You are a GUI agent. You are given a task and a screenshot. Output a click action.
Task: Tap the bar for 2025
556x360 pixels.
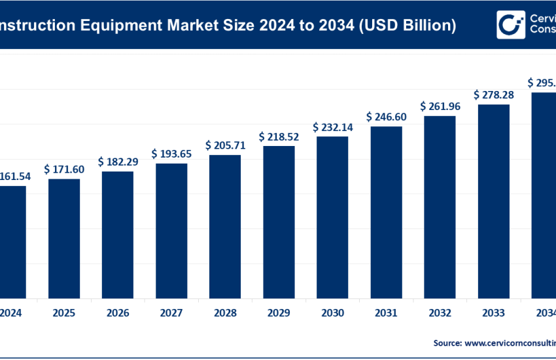(64, 237)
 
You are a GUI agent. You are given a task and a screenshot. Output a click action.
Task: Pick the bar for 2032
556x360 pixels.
(440, 206)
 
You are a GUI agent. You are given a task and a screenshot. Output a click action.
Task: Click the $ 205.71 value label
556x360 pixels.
(225, 145)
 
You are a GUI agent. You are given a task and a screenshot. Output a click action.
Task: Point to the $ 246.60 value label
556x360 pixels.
(386, 117)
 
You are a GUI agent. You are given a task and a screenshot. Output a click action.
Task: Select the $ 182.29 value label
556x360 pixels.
(118, 161)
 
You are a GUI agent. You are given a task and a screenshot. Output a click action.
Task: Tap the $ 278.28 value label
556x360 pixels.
(493, 95)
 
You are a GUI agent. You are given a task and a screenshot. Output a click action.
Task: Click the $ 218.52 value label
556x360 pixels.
(279, 136)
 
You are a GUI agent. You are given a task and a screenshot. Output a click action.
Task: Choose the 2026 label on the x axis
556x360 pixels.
(118, 314)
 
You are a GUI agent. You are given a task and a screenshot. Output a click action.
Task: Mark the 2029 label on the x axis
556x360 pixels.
(279, 314)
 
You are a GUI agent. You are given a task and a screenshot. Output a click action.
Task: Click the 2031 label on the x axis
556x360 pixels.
(386, 314)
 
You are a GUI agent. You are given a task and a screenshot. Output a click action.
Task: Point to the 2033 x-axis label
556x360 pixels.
(493, 314)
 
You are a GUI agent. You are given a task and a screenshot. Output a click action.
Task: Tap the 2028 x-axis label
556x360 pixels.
(225, 314)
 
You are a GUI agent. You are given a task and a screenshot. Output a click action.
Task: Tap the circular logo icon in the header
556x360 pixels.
(511, 24)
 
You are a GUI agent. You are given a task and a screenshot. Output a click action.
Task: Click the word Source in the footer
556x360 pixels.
(447, 342)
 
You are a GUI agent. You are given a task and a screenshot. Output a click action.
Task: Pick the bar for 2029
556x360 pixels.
(279, 221)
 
